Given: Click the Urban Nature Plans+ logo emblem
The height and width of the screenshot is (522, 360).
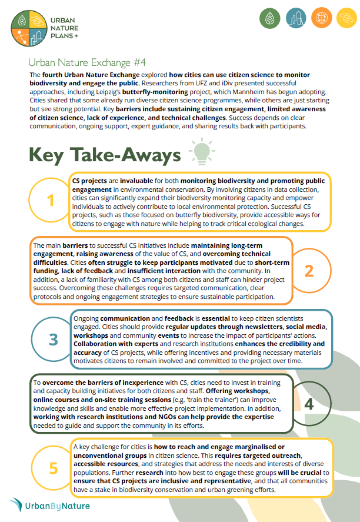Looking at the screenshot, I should [x=29, y=28].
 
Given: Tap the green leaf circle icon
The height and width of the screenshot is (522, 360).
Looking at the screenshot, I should [x=270, y=19].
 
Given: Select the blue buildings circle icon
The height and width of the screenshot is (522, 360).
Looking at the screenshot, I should [x=295, y=19].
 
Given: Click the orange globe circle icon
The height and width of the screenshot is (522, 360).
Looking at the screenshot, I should [x=321, y=19].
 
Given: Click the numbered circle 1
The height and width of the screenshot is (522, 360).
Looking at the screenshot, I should [x=51, y=201].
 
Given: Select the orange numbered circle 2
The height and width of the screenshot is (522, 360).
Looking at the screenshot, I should [x=309, y=271].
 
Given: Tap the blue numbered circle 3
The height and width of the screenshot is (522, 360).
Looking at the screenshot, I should [x=54, y=340].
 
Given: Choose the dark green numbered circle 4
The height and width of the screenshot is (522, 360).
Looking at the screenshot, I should [x=309, y=405].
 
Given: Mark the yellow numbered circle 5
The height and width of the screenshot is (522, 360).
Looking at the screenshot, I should [x=54, y=468].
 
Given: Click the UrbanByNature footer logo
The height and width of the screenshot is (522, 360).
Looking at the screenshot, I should [x=49, y=506].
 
